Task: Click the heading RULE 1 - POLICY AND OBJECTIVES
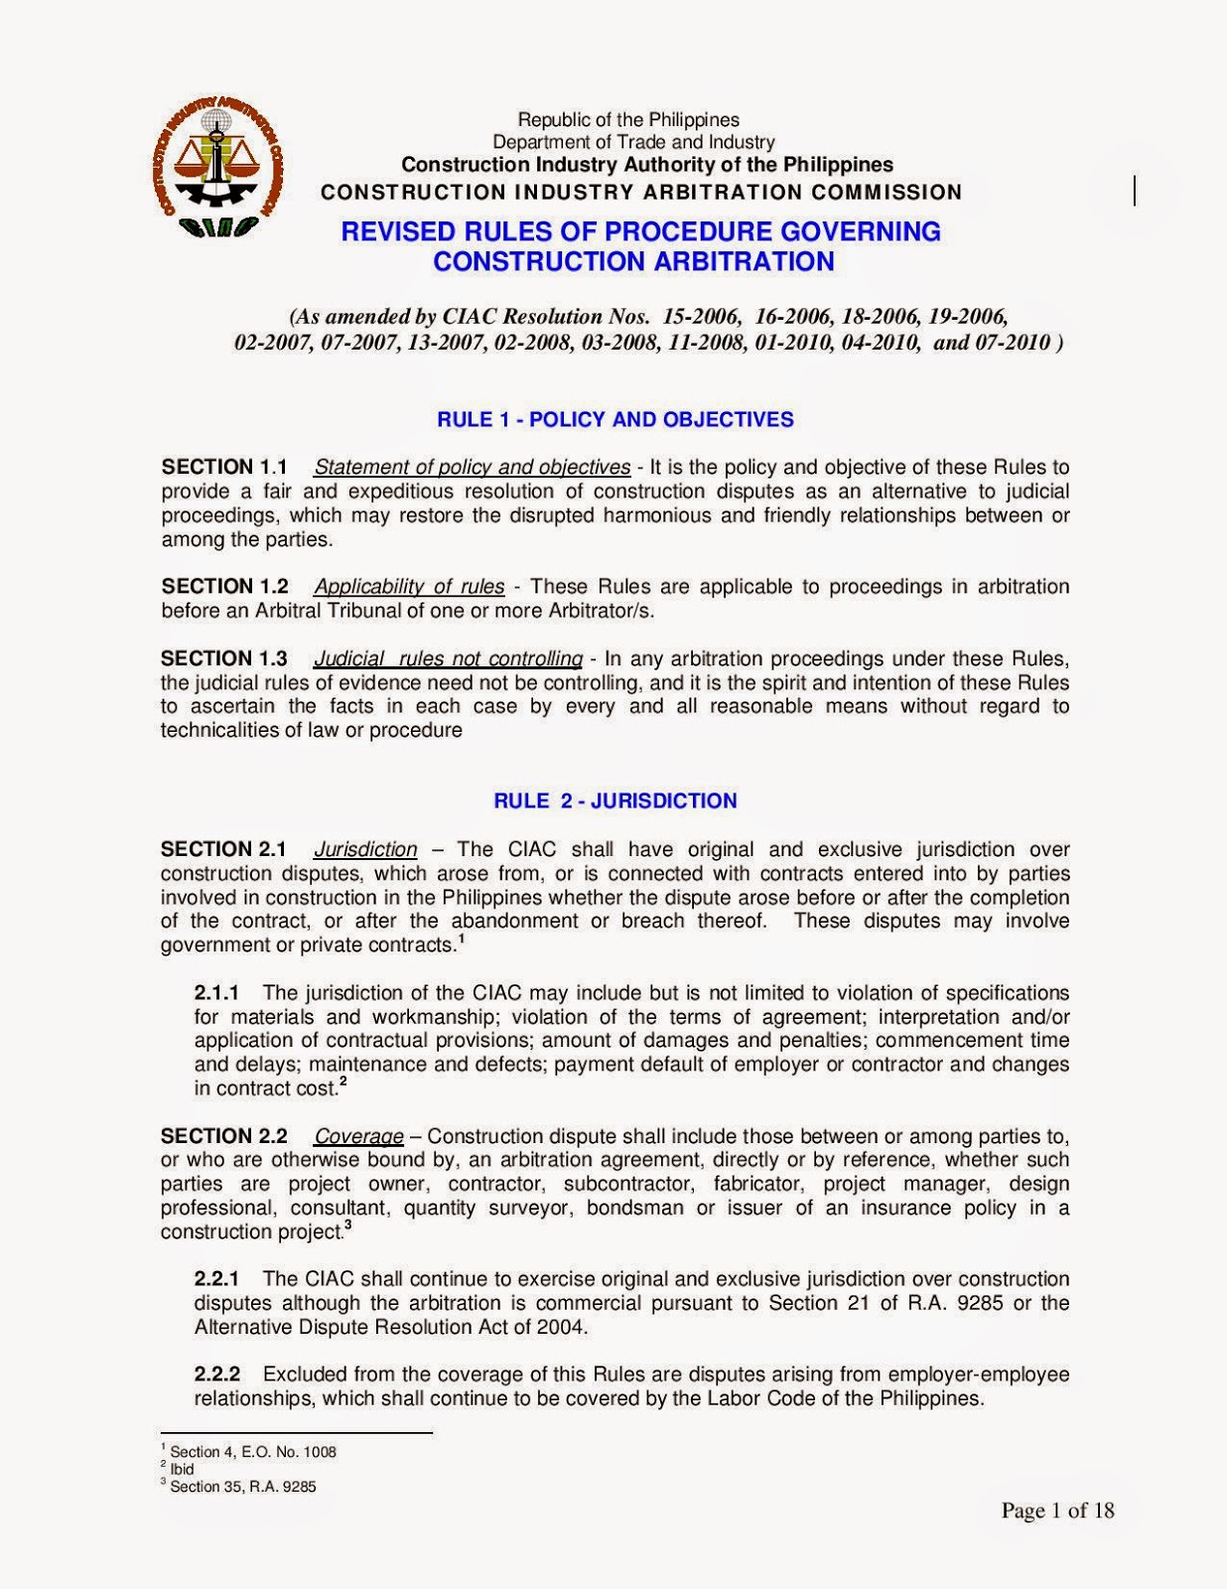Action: [614, 419]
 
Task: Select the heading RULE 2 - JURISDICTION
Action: [614, 800]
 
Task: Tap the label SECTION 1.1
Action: [224, 467]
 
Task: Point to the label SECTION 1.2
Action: [224, 586]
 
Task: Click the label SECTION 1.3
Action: [224, 658]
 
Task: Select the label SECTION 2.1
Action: [223, 849]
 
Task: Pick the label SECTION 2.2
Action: [224, 1135]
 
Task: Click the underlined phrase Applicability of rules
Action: [409, 586]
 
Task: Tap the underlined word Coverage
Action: [358, 1135]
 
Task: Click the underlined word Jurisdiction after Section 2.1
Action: [365, 849]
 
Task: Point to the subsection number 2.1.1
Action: [216, 992]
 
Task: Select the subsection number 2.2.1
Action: [216, 1278]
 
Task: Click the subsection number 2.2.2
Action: [216, 1373]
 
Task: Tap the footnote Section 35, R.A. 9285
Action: [242, 1487]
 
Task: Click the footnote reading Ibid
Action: [182, 1469]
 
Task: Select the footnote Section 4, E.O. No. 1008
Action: [252, 1452]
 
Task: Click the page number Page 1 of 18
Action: [1057, 1511]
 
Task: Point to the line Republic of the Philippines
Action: [628, 120]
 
